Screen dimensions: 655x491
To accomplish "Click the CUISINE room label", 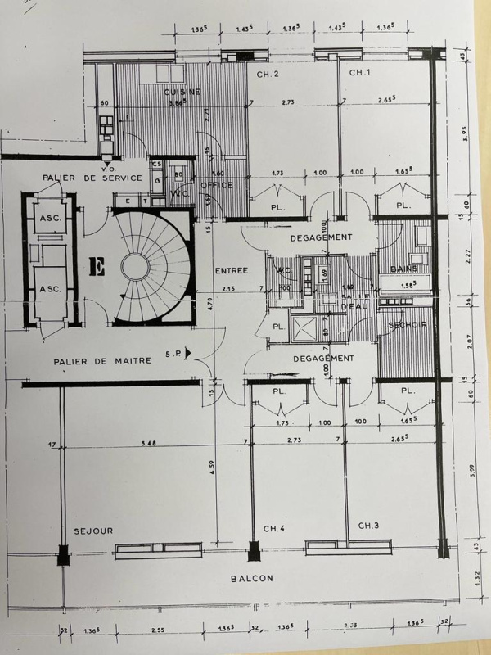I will coord(182,92).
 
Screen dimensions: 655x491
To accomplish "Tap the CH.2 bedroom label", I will coord(268,75).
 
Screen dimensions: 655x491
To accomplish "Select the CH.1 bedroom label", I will coord(360,73).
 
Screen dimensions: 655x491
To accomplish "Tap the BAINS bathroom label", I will coord(404,269).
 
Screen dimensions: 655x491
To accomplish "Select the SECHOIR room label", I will coord(407,325).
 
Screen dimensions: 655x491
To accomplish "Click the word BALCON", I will coord(251,577).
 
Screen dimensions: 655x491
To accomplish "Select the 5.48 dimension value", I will coord(149,444).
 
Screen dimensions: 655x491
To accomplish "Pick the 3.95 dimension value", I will coord(464,133).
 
